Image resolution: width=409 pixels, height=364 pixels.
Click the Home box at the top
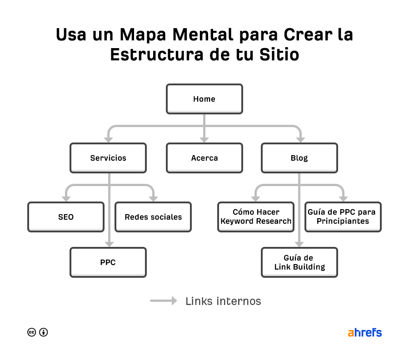[x=204, y=99]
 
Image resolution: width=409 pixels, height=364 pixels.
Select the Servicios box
[x=108, y=158]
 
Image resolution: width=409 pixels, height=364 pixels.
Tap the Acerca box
[x=204, y=158]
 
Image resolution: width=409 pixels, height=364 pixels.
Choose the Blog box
[x=299, y=158]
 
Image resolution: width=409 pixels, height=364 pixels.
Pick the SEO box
[x=66, y=217]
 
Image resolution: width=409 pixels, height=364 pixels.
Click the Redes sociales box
[x=153, y=217]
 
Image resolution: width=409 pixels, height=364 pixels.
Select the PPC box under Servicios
[x=108, y=262]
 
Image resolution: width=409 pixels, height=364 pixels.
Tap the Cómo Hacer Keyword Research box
[x=256, y=217]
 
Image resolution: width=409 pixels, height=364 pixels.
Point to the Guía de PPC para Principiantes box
[x=343, y=217]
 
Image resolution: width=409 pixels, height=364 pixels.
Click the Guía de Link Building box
[x=299, y=262]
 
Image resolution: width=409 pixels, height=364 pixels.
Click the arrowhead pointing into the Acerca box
[x=204, y=139]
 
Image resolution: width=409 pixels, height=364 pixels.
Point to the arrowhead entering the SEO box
[x=66, y=198]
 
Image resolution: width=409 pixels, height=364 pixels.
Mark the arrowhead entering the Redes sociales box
[x=153, y=198]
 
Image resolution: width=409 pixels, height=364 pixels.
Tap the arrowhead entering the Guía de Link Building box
[x=299, y=244]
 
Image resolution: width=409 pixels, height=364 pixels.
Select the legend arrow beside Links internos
[x=164, y=300]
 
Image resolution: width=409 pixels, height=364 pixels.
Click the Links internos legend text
[x=223, y=301]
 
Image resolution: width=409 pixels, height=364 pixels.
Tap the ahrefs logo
[x=364, y=332]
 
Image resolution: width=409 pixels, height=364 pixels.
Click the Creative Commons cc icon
[x=31, y=332]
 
